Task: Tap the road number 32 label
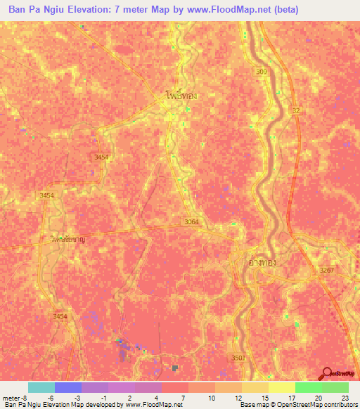pos(295,111)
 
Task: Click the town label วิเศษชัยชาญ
pos(73,239)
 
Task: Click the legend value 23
pos(344,398)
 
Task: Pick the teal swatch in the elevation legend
pos(41,387)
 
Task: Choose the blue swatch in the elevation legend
pos(67,387)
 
